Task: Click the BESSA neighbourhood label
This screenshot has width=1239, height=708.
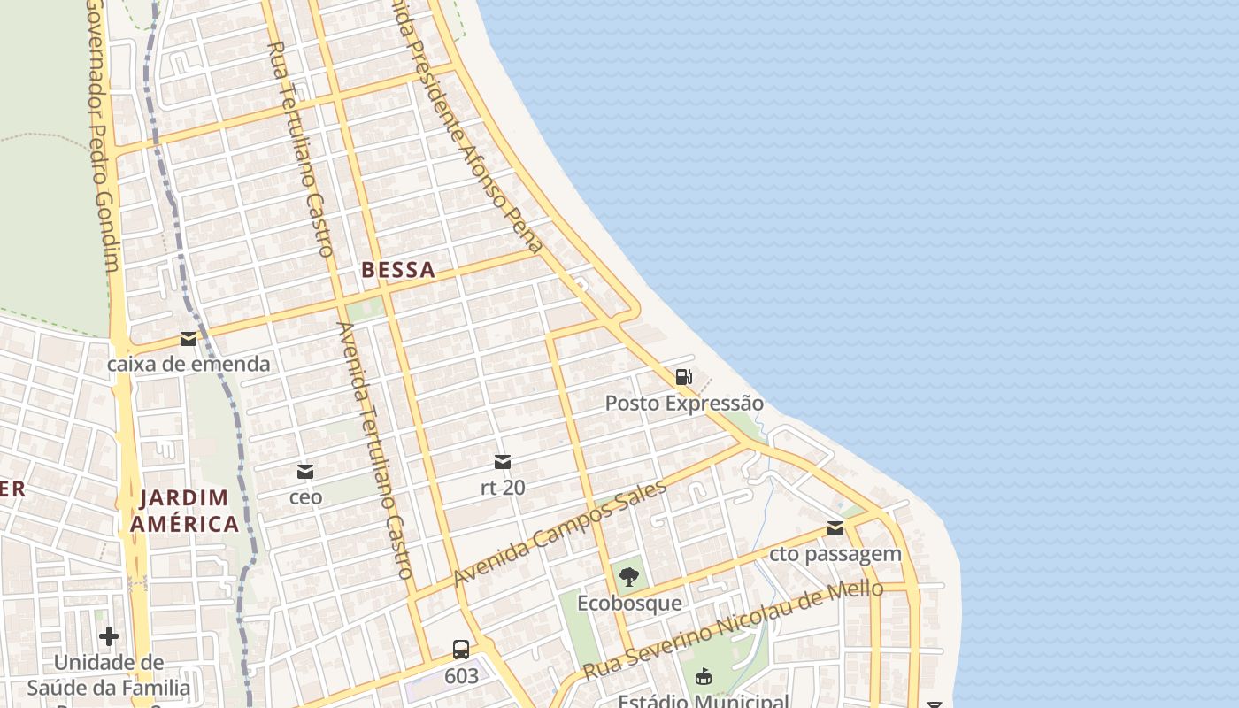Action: (x=398, y=270)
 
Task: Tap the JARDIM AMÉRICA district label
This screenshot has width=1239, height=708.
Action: (x=185, y=511)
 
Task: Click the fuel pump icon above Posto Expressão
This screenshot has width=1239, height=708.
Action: (x=684, y=377)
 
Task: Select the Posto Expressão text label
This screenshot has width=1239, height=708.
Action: (x=683, y=404)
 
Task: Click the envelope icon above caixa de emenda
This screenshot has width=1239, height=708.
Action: (x=189, y=338)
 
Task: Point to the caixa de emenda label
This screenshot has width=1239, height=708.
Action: (x=189, y=364)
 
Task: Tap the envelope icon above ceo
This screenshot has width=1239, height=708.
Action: (x=305, y=471)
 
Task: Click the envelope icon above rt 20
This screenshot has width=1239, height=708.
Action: (x=503, y=461)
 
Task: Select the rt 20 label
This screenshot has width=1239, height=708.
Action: (x=503, y=487)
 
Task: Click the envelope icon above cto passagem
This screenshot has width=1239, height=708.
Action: (x=835, y=528)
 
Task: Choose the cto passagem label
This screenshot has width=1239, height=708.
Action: (x=835, y=554)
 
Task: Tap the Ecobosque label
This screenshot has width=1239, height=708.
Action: (x=629, y=604)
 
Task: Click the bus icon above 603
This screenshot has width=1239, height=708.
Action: (x=461, y=650)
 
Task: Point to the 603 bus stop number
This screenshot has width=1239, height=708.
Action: (x=461, y=676)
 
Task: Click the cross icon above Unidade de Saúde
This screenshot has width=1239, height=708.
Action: (x=109, y=635)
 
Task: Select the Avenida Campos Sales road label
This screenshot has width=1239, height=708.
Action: (x=559, y=533)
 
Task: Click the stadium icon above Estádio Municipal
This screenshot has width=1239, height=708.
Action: (x=704, y=677)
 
